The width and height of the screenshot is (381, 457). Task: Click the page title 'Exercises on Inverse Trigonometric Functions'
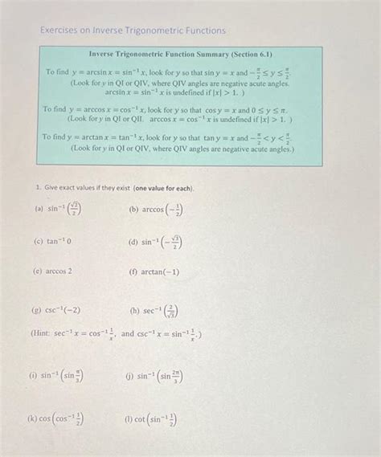click(133, 31)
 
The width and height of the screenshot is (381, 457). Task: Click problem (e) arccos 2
click(53, 271)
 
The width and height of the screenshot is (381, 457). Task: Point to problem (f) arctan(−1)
click(154, 271)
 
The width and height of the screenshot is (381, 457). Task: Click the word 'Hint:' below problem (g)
click(42, 333)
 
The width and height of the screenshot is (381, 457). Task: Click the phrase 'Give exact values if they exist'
click(84, 188)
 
